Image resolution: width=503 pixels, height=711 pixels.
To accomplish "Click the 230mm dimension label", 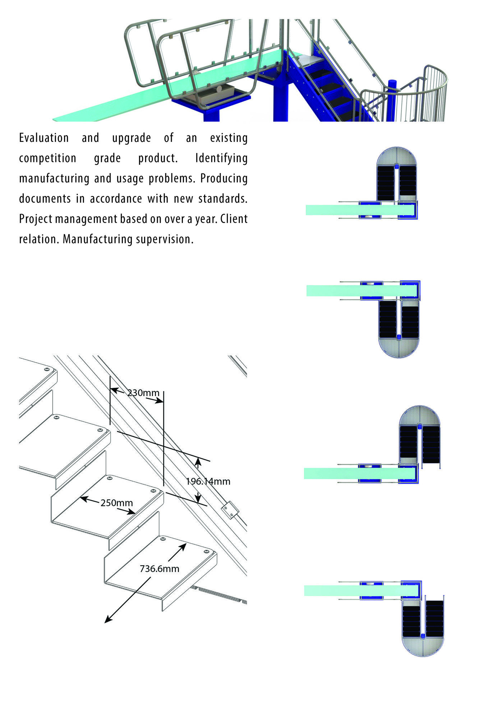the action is [143, 393].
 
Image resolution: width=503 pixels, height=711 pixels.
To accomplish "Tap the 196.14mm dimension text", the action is [208, 481].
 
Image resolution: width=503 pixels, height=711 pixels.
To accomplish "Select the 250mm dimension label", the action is [116, 503].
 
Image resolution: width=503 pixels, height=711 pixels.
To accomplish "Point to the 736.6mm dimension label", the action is [159, 568].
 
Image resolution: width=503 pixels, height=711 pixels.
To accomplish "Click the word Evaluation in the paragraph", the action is [44, 138].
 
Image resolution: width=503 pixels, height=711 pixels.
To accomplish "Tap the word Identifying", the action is [221, 159].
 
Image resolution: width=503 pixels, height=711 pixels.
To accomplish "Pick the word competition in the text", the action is [47, 159].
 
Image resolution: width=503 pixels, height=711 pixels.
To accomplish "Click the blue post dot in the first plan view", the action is [397, 166].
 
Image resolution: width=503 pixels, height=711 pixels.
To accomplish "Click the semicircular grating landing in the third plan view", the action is [420, 415].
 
